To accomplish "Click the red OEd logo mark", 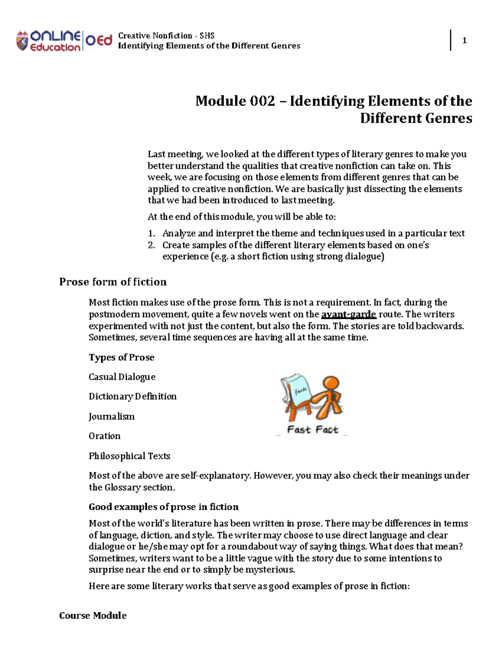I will tap(99, 41).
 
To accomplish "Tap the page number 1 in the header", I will tap(464, 41).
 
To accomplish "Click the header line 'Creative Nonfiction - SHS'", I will tap(166, 36).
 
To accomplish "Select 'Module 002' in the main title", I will tap(235, 101).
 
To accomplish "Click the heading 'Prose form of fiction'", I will tap(113, 282).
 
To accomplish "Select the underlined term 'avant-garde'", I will tap(348, 314).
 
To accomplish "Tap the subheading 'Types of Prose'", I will tap(121, 357).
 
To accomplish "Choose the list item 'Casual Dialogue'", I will tap(122, 377).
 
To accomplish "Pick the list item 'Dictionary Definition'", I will tap(132, 396).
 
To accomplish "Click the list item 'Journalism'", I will tap(111, 416).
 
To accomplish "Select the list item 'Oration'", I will tap(104, 436).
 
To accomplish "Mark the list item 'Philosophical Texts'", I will tap(129, 456).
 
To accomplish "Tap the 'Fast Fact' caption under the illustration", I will tap(312, 430).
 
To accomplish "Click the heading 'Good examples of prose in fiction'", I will tap(163, 507).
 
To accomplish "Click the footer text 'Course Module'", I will tap(92, 615).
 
